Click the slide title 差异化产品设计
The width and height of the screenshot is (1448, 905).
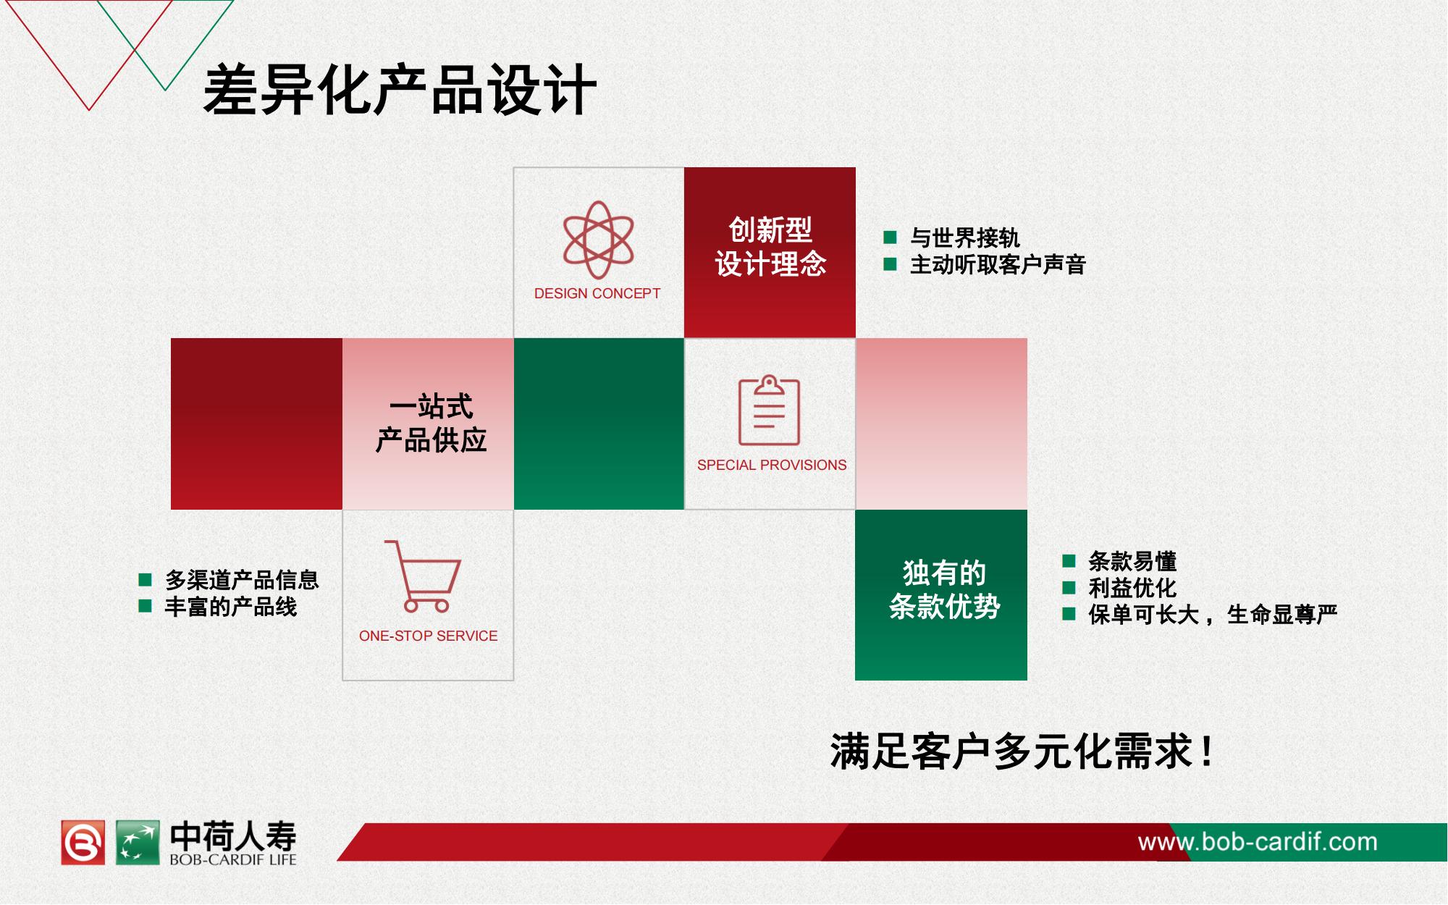click(x=400, y=90)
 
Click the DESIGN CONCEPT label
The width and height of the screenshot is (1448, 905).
click(x=597, y=293)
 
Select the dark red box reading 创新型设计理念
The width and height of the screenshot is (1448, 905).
click(x=770, y=253)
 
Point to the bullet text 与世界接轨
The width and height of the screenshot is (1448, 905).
click(x=964, y=237)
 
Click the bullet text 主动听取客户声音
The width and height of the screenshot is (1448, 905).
click(x=998, y=264)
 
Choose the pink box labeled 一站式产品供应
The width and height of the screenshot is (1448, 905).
click(x=428, y=424)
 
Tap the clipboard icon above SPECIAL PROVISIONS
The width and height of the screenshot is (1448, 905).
click(x=770, y=410)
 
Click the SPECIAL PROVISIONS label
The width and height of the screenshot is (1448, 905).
click(x=772, y=465)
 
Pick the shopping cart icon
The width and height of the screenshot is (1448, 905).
click(x=422, y=576)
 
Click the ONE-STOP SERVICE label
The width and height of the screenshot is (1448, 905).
click(x=428, y=636)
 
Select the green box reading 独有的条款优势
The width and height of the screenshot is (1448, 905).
click(x=941, y=595)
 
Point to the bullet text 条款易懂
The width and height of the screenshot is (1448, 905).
click(x=1132, y=561)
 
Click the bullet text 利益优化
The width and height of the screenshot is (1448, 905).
click(x=1132, y=588)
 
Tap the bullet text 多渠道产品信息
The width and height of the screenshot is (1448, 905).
click(x=242, y=580)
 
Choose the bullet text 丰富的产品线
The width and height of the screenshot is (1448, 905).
click(x=231, y=607)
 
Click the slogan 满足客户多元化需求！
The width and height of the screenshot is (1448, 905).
click(x=1022, y=752)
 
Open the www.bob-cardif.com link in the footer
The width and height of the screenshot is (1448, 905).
click(x=1258, y=842)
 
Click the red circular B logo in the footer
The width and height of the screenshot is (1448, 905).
click(x=83, y=842)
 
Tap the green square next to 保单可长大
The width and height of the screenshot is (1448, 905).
click(x=1069, y=614)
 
